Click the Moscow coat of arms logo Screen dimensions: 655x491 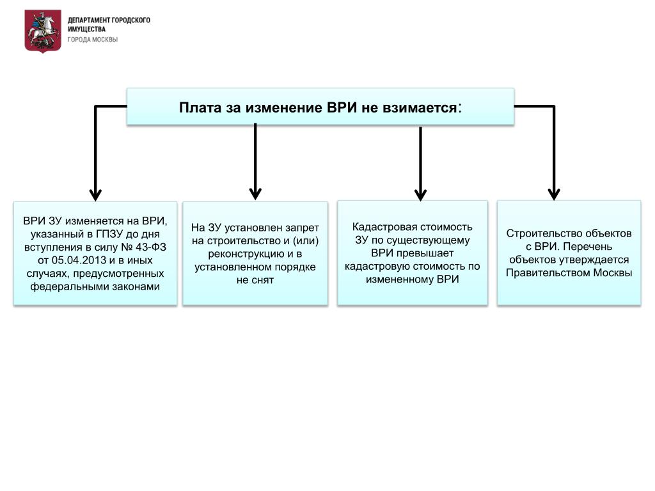click(x=43, y=31)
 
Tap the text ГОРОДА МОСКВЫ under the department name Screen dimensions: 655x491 click(x=93, y=40)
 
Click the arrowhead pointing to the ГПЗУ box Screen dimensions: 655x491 click(x=96, y=194)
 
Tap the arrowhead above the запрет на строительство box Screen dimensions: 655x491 click(x=255, y=194)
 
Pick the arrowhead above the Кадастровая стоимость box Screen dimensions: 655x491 click(x=421, y=194)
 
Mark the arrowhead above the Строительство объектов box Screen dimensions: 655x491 click(x=554, y=194)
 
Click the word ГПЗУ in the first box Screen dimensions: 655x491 click(x=110, y=234)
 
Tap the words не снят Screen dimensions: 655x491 click(x=255, y=280)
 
